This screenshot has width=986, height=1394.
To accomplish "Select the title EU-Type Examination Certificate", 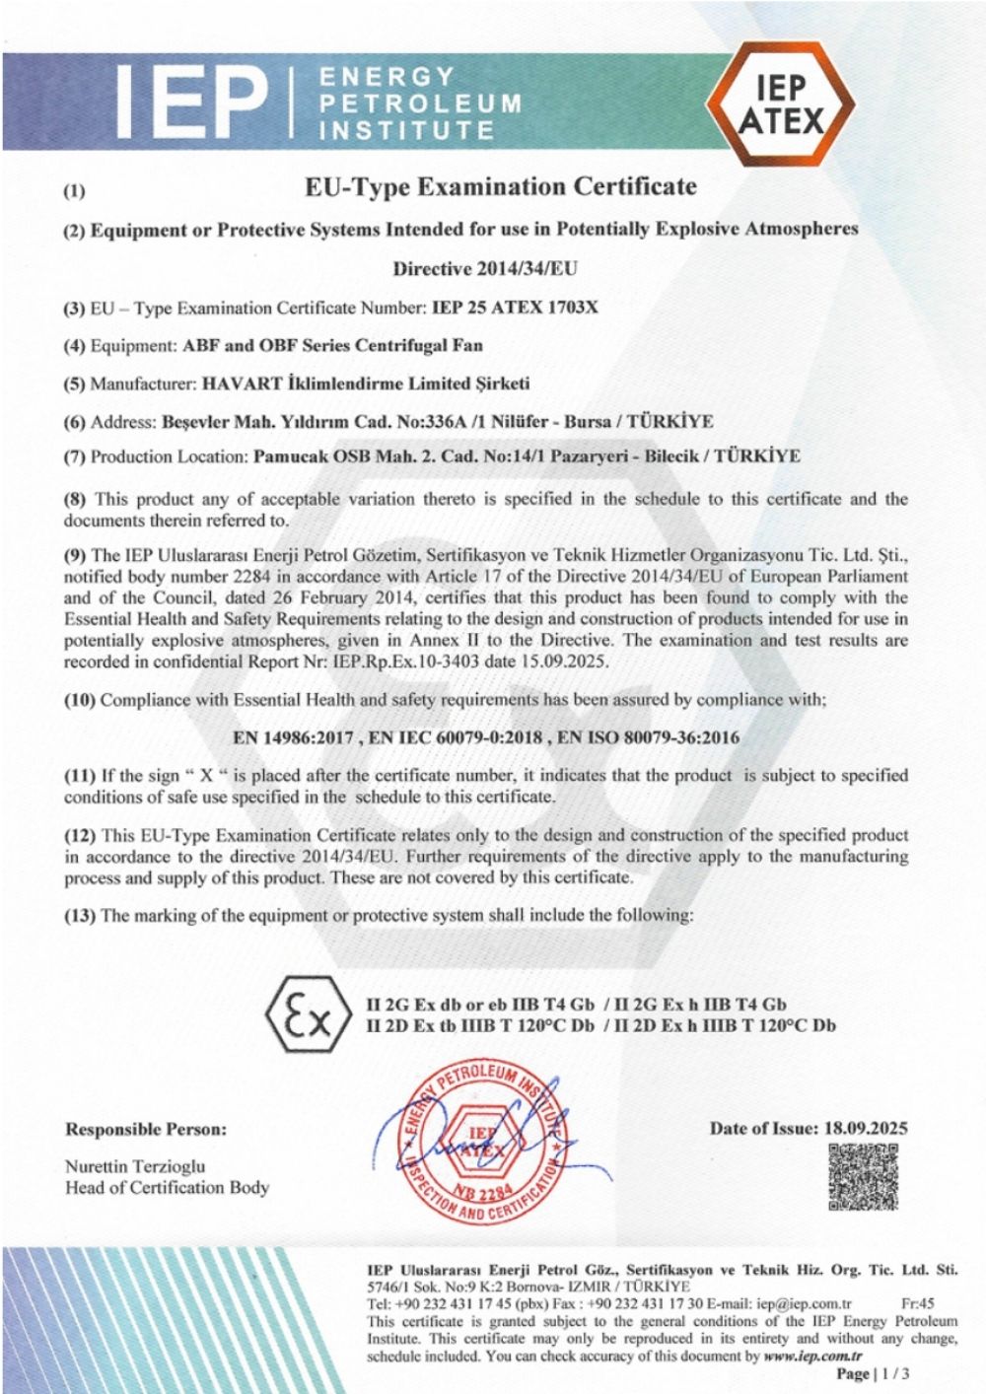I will tap(501, 186).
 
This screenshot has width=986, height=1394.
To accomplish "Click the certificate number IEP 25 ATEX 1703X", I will tap(515, 308).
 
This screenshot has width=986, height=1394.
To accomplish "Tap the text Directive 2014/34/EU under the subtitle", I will tap(485, 268).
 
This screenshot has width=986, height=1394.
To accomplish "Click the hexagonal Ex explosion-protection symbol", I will tap(308, 1014).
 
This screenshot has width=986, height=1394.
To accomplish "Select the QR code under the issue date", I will tap(863, 1176).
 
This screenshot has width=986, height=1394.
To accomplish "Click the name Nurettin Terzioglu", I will tap(135, 1166).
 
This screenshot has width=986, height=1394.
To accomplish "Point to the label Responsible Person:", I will tap(146, 1129).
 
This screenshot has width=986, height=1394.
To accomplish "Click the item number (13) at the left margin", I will tap(80, 916).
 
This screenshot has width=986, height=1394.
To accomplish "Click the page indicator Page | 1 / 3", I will tap(872, 1373).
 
